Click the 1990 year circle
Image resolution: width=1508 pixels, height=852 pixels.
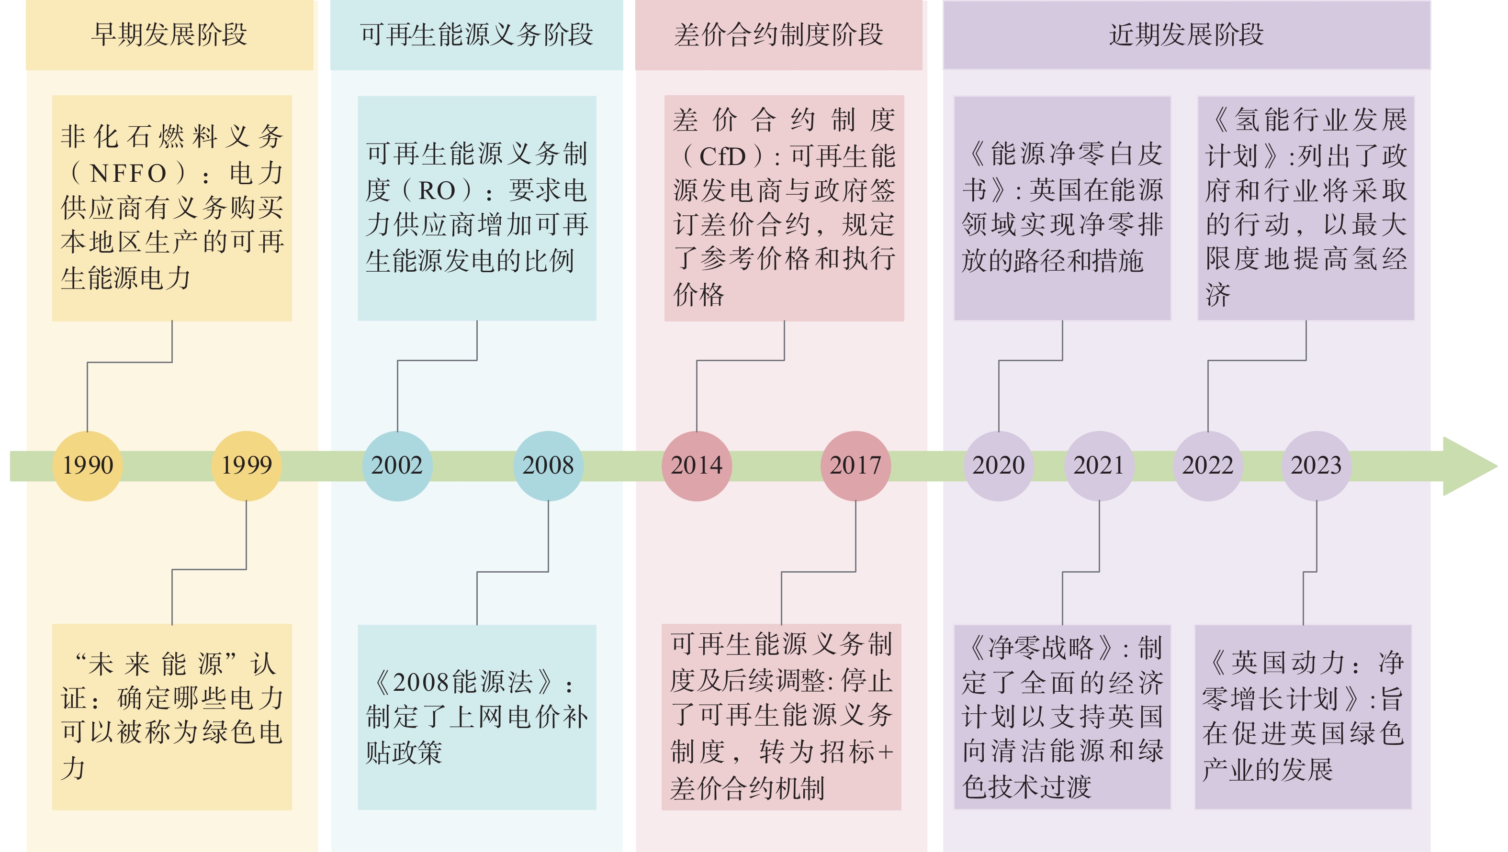pyautogui.click(x=87, y=466)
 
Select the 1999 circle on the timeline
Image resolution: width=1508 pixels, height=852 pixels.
pyautogui.click(x=247, y=466)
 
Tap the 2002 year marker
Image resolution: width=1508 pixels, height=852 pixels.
pyautogui.click(x=397, y=466)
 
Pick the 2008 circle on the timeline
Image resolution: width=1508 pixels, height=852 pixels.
pyautogui.click(x=549, y=466)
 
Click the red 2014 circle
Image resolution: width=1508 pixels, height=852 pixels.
pyautogui.click(x=697, y=466)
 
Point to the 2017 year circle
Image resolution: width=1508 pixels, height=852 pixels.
pyautogui.click(x=855, y=466)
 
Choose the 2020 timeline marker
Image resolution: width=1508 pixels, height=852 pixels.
pyautogui.click(x=999, y=466)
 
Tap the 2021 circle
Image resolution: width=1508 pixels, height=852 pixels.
pyautogui.click(x=1099, y=466)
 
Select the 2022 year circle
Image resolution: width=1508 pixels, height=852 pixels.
pyautogui.click(x=1208, y=466)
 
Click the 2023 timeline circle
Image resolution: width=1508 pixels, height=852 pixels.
pyautogui.click(x=1317, y=466)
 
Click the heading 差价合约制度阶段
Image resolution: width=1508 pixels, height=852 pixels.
pyautogui.click(x=778, y=34)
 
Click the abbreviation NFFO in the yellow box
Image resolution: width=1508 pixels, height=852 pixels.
pyautogui.click(x=128, y=173)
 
